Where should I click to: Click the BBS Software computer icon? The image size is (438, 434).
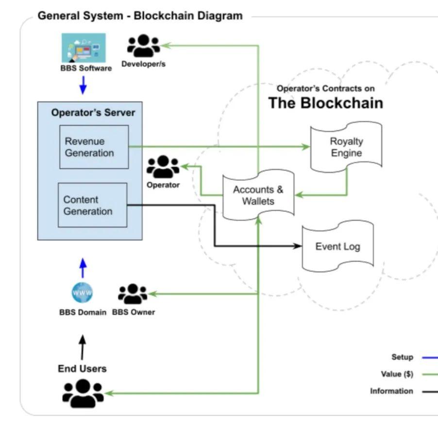pos(83,47)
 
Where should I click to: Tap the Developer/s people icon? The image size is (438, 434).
pos(143,47)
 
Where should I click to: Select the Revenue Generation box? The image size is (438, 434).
pos(94,147)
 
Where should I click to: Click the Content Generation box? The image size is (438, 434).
pos(92,205)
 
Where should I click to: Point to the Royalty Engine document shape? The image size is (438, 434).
pos(346,147)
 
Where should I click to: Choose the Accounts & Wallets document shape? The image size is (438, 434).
pos(258,195)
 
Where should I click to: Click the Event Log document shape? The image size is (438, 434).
pos(337,246)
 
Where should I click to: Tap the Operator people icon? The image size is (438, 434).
pos(163,167)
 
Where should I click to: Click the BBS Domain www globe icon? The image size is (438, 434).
pos(82,293)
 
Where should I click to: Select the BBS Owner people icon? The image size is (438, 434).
pos(133,294)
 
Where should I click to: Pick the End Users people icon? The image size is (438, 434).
pos(83,392)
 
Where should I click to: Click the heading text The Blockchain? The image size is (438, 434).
pos(325,103)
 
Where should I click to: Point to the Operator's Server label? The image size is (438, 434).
pos(93,113)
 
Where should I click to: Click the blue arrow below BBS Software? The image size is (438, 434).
pos(83,85)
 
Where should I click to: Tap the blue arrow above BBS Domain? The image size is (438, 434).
pos(83,267)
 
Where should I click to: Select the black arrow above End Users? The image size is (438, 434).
pos(82,346)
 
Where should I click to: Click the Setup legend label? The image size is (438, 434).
pos(402,357)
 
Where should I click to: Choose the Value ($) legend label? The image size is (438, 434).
pos(397,374)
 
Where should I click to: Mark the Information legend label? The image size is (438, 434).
pos(391,391)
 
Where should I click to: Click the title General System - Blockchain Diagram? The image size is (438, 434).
pos(140,16)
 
